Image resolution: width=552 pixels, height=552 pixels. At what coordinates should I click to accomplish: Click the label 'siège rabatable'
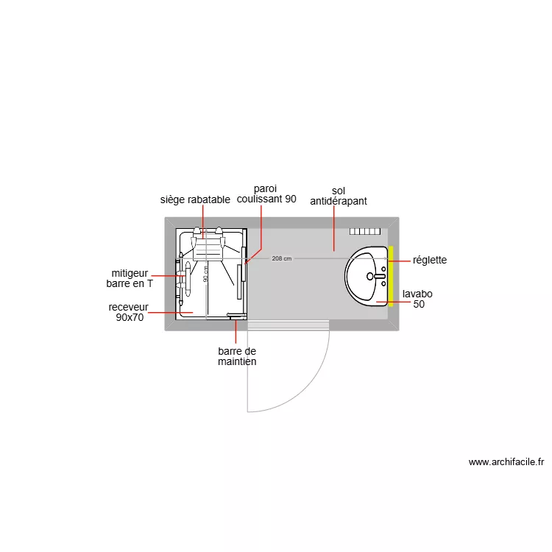click(x=195, y=199)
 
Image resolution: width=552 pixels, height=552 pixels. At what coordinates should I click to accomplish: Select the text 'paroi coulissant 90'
click(x=266, y=194)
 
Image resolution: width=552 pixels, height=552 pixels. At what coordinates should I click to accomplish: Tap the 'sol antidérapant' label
click(x=339, y=196)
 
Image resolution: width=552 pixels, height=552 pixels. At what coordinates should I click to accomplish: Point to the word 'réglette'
click(x=430, y=261)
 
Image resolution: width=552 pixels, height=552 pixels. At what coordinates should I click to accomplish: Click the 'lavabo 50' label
click(x=417, y=299)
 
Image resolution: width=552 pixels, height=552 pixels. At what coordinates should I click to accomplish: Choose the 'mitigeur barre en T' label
click(x=130, y=277)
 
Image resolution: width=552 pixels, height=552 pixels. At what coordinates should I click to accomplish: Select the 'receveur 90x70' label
click(x=129, y=313)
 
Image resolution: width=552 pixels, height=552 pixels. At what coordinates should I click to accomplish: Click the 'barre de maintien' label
click(x=237, y=357)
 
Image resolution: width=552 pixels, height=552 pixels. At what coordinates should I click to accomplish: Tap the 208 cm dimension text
click(x=282, y=258)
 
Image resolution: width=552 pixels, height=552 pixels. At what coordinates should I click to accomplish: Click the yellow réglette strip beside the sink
click(x=391, y=275)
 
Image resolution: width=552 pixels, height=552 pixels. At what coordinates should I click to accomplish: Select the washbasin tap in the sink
click(x=381, y=276)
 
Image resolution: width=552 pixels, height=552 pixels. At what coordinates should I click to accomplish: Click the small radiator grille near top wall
click(x=365, y=231)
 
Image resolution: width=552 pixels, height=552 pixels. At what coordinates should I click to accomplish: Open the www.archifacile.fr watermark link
click(x=506, y=463)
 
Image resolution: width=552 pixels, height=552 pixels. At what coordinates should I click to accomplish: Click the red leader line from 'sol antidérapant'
click(x=334, y=228)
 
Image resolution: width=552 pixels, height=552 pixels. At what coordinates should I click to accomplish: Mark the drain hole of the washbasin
click(x=369, y=277)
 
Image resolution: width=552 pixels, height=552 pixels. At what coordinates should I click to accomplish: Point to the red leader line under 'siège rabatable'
click(x=204, y=221)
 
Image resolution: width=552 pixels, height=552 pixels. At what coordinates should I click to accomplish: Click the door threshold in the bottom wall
click(x=288, y=324)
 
